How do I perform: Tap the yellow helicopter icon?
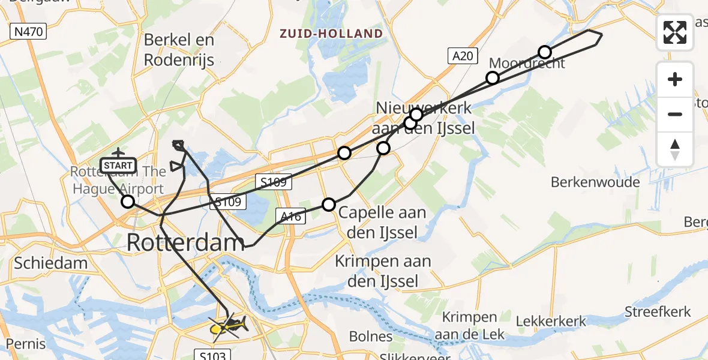(228, 327)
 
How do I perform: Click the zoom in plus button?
(675, 79)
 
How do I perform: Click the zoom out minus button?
(675, 114)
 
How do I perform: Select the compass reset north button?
(675, 149)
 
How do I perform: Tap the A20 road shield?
(463, 56)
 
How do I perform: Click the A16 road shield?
(290, 216)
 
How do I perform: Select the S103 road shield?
(213, 355)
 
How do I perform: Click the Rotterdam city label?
(185, 242)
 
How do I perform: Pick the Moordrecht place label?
(527, 63)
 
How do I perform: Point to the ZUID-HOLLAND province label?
(331, 34)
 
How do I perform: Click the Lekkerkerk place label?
(551, 322)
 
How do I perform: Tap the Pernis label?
(23, 344)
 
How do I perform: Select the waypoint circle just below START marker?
(128, 202)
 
